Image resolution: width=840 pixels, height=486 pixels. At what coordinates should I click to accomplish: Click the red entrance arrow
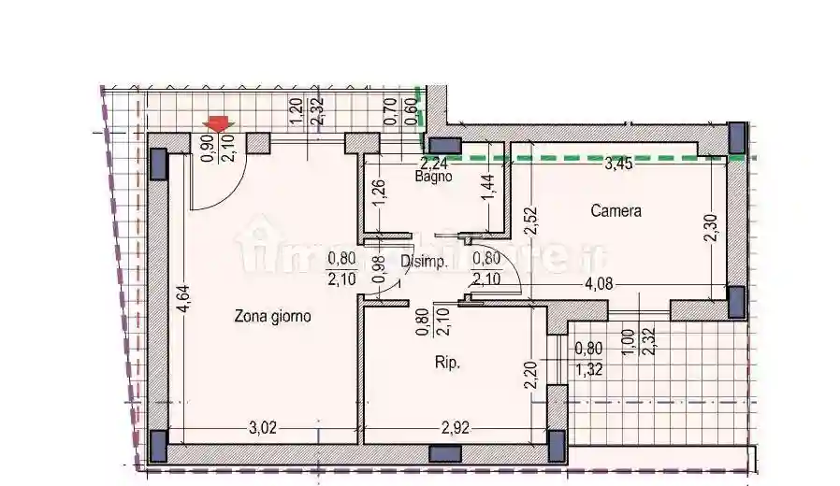tap(218, 124)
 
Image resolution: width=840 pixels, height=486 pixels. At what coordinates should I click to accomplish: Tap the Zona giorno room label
tap(272, 317)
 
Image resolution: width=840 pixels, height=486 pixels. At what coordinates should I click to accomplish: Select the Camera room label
tap(616, 211)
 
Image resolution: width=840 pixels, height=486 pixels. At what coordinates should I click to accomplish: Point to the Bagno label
tap(435, 176)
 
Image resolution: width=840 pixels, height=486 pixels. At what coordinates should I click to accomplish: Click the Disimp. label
tap(423, 263)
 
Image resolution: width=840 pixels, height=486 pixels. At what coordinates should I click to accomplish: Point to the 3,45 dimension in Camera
tap(620, 166)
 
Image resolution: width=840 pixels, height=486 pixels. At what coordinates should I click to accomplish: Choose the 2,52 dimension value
tap(531, 220)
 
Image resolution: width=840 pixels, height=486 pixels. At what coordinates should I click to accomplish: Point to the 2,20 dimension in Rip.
tap(531, 376)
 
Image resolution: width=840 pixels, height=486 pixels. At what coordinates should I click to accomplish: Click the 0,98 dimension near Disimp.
tap(378, 268)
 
